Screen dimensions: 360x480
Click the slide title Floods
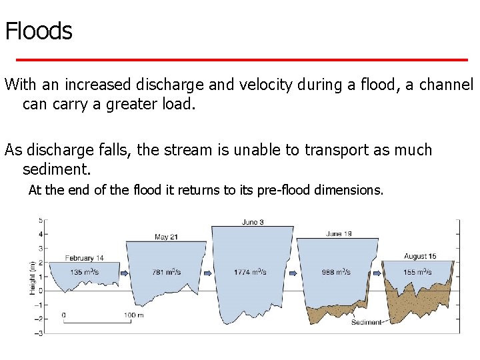pos(39,31)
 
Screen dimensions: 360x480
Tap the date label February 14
pos(84,258)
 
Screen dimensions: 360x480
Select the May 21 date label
pos(166,237)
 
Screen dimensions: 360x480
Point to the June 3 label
pos(252,222)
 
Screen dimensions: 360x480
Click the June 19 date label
pos(339,234)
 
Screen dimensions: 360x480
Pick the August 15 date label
pos(420,256)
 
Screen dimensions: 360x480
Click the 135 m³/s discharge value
pos(85,271)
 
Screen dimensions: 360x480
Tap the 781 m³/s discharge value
pos(167,271)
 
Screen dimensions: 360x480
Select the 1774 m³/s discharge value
pos(251,271)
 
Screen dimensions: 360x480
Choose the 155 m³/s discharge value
pos(418,271)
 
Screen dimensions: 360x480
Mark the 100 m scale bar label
pos(134,315)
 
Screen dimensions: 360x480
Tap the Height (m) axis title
pos(32,277)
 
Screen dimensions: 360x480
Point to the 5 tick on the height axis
pos(41,220)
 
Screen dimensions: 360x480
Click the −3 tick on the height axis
pos(39,333)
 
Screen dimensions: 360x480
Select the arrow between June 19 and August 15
pos(376,272)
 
